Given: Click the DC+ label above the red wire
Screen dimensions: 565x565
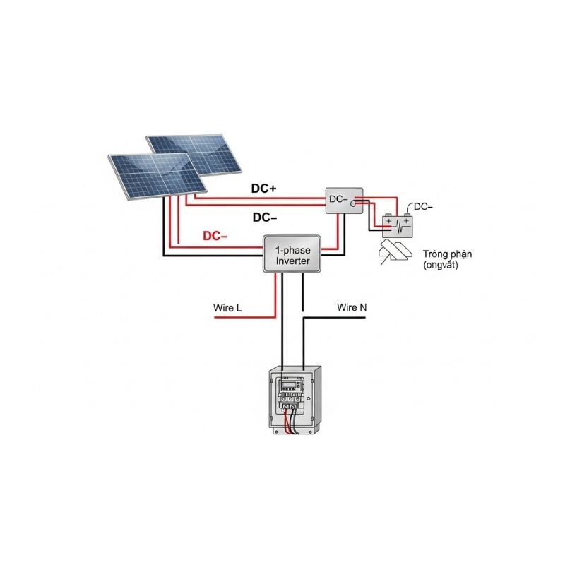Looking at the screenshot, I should pos(264,189).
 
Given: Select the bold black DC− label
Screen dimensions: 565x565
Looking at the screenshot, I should pos(264,218).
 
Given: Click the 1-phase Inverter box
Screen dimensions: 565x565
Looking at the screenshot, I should pos(292,254).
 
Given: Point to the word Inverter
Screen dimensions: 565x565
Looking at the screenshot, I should pos(292,261).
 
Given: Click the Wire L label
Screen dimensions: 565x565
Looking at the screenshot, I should pos(227,309).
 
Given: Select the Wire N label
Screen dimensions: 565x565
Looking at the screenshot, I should pos(352,307).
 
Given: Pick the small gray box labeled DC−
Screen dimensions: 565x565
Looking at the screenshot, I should pos(343,201).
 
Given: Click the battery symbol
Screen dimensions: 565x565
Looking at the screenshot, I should pos(396,225).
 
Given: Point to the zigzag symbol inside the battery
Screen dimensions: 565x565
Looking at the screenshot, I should pos(399,227).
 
